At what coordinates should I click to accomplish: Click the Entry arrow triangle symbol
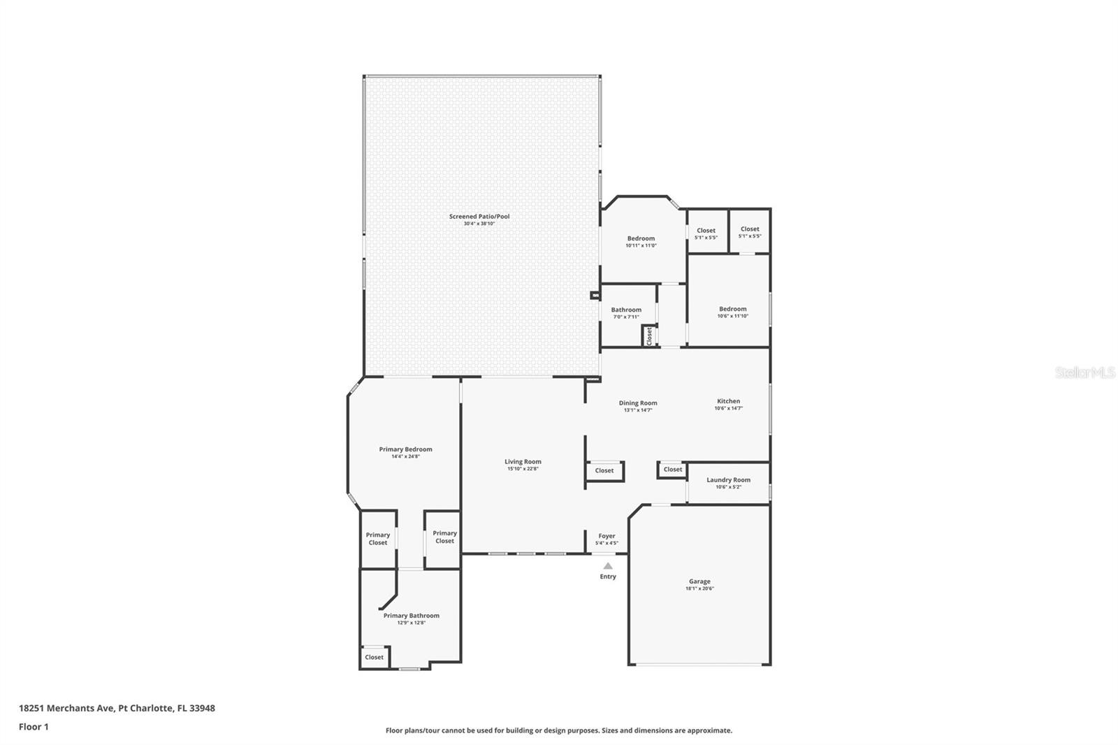point(608,566)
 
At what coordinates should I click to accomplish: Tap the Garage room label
point(699,581)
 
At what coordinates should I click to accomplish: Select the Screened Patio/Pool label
point(479,217)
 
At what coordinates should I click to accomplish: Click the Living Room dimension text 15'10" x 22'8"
point(523,469)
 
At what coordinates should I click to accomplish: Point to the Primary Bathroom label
point(411,616)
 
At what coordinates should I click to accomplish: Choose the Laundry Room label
point(728,480)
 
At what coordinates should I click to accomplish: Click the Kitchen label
point(728,401)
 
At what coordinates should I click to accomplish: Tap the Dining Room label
point(638,403)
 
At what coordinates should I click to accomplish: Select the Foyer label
point(607,536)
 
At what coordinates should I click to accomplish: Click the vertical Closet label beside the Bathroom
point(649,336)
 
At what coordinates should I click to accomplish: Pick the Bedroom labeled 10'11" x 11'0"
point(641,239)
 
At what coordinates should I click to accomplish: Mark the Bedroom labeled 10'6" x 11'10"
point(732,309)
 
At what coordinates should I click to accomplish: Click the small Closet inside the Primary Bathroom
point(374,657)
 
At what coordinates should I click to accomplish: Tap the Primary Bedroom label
point(405,449)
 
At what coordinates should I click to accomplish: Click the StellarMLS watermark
point(1084,373)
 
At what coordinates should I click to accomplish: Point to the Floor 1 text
point(34,727)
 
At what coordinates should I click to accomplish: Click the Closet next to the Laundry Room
point(673,470)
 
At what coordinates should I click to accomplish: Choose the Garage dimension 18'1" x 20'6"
point(699,589)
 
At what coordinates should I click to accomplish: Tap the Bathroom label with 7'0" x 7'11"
point(626,310)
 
